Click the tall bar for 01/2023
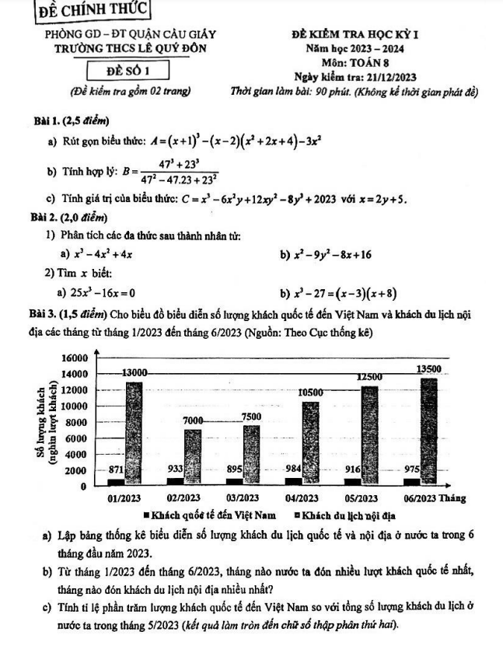pos(134,431)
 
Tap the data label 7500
pos(250,417)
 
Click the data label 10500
pos(310,393)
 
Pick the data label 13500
pos(428,368)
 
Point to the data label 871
pos(115,469)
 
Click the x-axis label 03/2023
pos(243,497)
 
